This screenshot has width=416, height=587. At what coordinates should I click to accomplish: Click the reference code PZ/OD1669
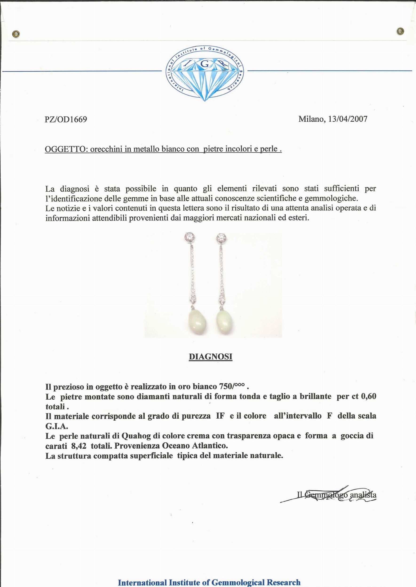click(x=66, y=120)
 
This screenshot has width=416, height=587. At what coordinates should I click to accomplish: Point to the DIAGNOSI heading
click(x=210, y=357)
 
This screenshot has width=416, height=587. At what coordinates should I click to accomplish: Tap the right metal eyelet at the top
click(x=400, y=31)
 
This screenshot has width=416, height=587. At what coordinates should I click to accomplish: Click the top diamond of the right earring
click(x=221, y=238)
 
